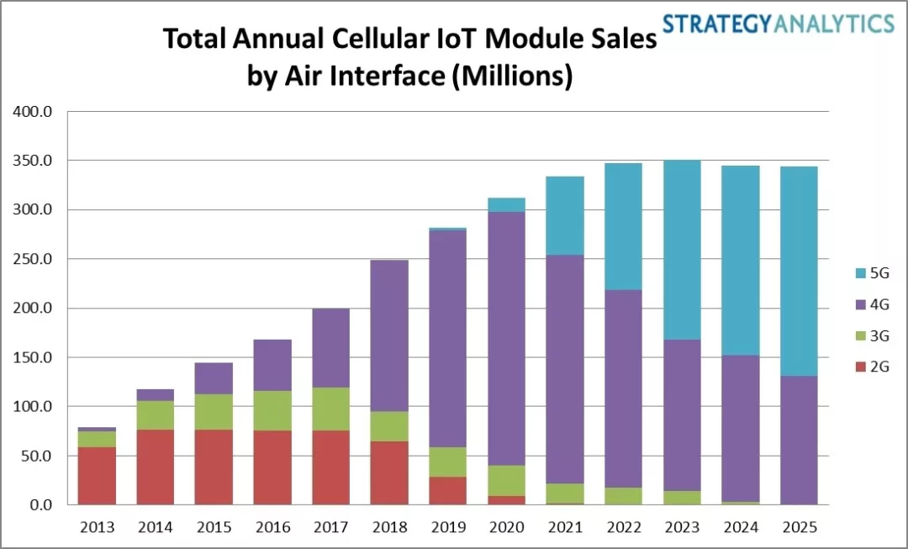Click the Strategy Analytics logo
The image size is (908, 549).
[778, 23]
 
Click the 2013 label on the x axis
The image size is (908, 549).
[97, 527]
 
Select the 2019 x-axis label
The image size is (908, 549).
[447, 527]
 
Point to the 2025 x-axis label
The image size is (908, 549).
[797, 527]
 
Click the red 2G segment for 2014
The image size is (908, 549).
[156, 467]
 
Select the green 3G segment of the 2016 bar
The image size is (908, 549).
[272, 411]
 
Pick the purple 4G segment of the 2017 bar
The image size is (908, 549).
[330, 348]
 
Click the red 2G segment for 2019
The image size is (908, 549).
[447, 491]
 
